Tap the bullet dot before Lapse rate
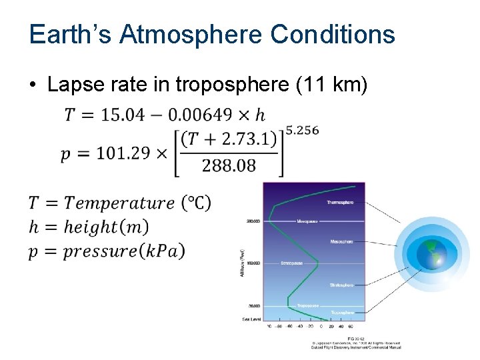coord(33,85)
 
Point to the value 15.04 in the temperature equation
coord(122,115)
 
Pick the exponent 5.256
coord(302,131)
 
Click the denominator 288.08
coord(229,165)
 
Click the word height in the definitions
coord(93,227)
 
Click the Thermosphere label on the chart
coord(340,202)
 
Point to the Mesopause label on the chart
coord(309,221)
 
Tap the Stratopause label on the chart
coord(291,263)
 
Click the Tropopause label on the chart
coord(307,305)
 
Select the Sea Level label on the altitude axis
coord(251,319)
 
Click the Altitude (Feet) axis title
coord(243,263)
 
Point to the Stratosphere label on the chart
coord(341,285)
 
